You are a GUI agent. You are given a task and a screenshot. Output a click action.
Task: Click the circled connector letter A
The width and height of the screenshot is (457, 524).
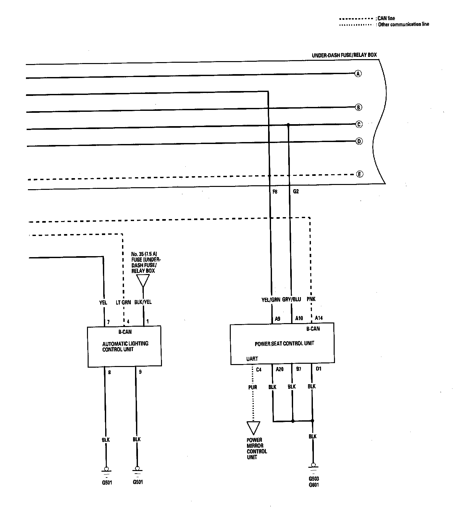[x=358, y=74]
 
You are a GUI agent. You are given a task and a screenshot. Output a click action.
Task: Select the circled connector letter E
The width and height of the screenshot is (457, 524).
[x=359, y=174]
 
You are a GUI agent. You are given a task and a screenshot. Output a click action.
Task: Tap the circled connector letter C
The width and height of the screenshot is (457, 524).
[x=359, y=124]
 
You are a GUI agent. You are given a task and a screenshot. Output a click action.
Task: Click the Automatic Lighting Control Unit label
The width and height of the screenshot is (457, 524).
[x=125, y=347]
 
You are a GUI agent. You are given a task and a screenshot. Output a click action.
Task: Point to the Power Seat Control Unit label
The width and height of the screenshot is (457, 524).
[x=284, y=343]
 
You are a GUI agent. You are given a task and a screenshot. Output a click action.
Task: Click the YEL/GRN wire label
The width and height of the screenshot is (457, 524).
[x=271, y=300]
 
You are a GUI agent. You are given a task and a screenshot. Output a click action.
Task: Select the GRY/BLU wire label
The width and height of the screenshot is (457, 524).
[x=291, y=299]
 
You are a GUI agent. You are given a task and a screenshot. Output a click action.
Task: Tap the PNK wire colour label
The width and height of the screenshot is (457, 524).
[x=311, y=299]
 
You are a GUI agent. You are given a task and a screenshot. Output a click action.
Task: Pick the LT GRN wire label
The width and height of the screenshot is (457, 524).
[x=123, y=302]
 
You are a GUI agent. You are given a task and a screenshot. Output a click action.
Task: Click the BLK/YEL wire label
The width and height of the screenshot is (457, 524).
[x=143, y=302]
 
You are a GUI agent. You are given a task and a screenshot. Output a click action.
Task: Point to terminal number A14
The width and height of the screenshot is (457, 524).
[x=319, y=318]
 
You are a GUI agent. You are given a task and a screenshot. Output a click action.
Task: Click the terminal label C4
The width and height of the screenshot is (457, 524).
[x=259, y=370]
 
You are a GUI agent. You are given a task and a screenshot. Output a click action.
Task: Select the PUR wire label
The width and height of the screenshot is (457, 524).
[x=253, y=387]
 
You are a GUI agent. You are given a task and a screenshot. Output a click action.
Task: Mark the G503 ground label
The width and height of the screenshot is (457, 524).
[x=314, y=479]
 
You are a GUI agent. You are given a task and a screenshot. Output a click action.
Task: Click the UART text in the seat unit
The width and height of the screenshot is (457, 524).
[x=252, y=359]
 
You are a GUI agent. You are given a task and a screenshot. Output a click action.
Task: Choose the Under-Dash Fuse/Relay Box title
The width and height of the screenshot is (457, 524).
[x=344, y=55]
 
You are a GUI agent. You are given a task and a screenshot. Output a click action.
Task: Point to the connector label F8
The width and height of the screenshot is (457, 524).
[x=275, y=192]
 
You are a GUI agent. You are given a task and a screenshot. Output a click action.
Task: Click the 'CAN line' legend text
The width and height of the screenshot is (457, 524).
[x=386, y=18]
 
